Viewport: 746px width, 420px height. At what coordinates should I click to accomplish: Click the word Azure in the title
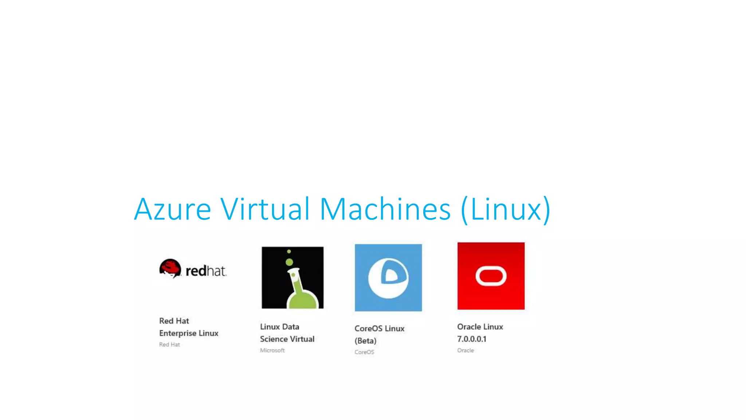pyautogui.click(x=172, y=209)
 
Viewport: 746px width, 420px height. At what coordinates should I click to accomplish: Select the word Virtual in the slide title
pyautogui.click(x=265, y=209)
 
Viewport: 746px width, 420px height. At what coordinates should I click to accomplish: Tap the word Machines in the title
pyautogui.click(x=385, y=209)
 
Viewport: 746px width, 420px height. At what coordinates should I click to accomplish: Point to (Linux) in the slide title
pyautogui.click(x=506, y=210)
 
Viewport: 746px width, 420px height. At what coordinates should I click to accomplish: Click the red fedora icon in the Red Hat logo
pyautogui.click(x=170, y=268)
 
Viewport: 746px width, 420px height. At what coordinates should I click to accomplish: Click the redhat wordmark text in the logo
pyautogui.click(x=206, y=271)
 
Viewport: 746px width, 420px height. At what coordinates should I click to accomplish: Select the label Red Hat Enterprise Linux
pyautogui.click(x=188, y=327)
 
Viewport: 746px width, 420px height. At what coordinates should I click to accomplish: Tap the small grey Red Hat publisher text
pyautogui.click(x=169, y=345)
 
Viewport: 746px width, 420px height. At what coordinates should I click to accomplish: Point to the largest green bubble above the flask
pyautogui.click(x=289, y=262)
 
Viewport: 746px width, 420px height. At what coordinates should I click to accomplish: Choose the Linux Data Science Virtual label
pyautogui.click(x=287, y=333)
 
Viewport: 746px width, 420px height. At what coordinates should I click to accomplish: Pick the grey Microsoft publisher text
pyautogui.click(x=272, y=350)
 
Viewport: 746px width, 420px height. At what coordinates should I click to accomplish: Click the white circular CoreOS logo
pyautogui.click(x=388, y=278)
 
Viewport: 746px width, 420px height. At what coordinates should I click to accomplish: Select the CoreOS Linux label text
pyautogui.click(x=379, y=328)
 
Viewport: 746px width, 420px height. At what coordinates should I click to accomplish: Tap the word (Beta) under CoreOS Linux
pyautogui.click(x=365, y=341)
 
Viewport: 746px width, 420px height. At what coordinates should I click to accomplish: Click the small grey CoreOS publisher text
pyautogui.click(x=364, y=352)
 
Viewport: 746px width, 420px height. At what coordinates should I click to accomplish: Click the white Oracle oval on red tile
pyautogui.click(x=491, y=276)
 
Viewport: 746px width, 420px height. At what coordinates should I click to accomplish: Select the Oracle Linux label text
pyautogui.click(x=480, y=327)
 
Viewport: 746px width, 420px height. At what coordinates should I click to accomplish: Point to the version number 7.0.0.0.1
pyautogui.click(x=472, y=339)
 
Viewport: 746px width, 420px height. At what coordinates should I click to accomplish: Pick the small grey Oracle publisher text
pyautogui.click(x=466, y=350)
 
